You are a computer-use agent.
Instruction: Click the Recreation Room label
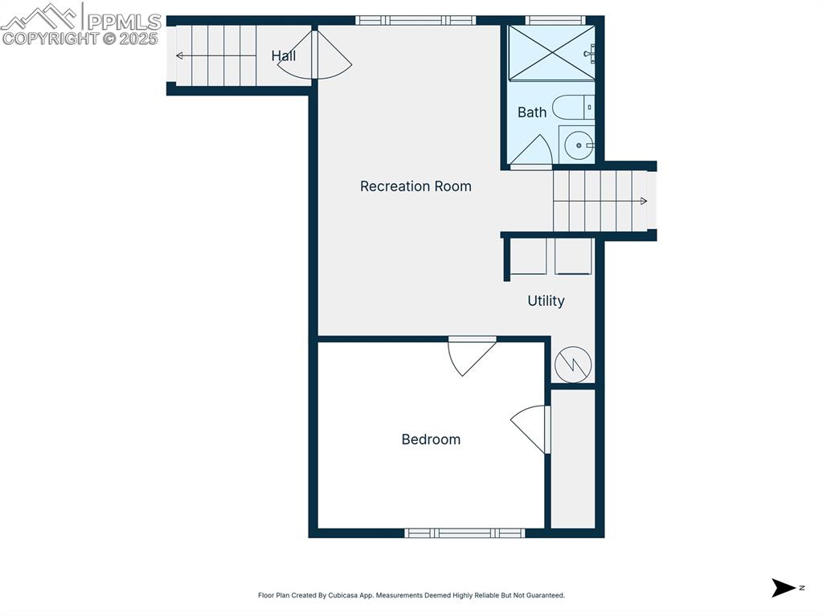(416, 186)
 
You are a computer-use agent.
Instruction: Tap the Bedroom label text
(431, 439)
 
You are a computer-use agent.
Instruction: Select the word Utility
(546, 300)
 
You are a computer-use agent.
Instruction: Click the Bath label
(531, 112)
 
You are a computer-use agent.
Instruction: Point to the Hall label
(283, 55)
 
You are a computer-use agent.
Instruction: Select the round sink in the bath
(577, 145)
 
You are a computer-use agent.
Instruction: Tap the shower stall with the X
(551, 52)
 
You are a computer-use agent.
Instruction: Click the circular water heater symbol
(573, 365)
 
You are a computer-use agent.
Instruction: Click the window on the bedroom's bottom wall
(465, 532)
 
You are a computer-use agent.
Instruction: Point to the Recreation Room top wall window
(416, 20)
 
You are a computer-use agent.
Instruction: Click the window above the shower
(555, 20)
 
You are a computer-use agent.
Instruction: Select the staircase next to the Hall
(215, 55)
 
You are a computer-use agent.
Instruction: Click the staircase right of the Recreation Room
(601, 201)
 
